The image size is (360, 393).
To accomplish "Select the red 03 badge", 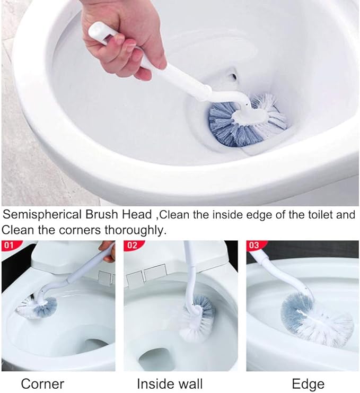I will [x=254, y=246].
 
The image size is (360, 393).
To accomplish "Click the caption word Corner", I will [x=42, y=383].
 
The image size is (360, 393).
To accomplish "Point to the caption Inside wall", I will [x=170, y=383].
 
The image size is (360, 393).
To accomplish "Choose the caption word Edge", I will [x=309, y=383].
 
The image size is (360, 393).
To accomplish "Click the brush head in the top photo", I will [x=247, y=119].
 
